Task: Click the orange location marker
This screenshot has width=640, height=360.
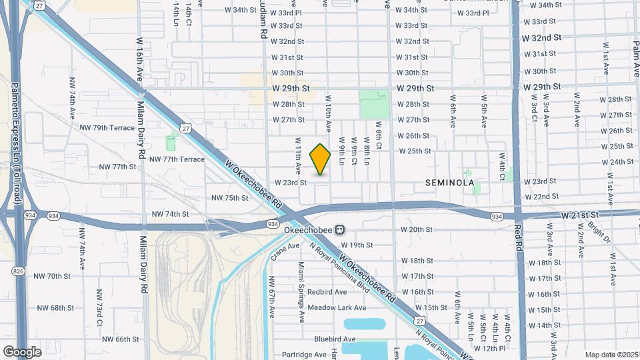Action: click(x=320, y=159)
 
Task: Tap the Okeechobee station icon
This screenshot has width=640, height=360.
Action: click(x=340, y=230)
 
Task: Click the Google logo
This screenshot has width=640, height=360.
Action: click(x=23, y=351)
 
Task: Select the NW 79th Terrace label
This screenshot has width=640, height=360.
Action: click(x=107, y=127)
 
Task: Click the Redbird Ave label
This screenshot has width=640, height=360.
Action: click(x=327, y=292)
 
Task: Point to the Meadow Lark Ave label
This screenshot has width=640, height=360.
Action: click(x=337, y=307)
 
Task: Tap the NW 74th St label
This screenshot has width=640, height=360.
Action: click(x=171, y=214)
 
